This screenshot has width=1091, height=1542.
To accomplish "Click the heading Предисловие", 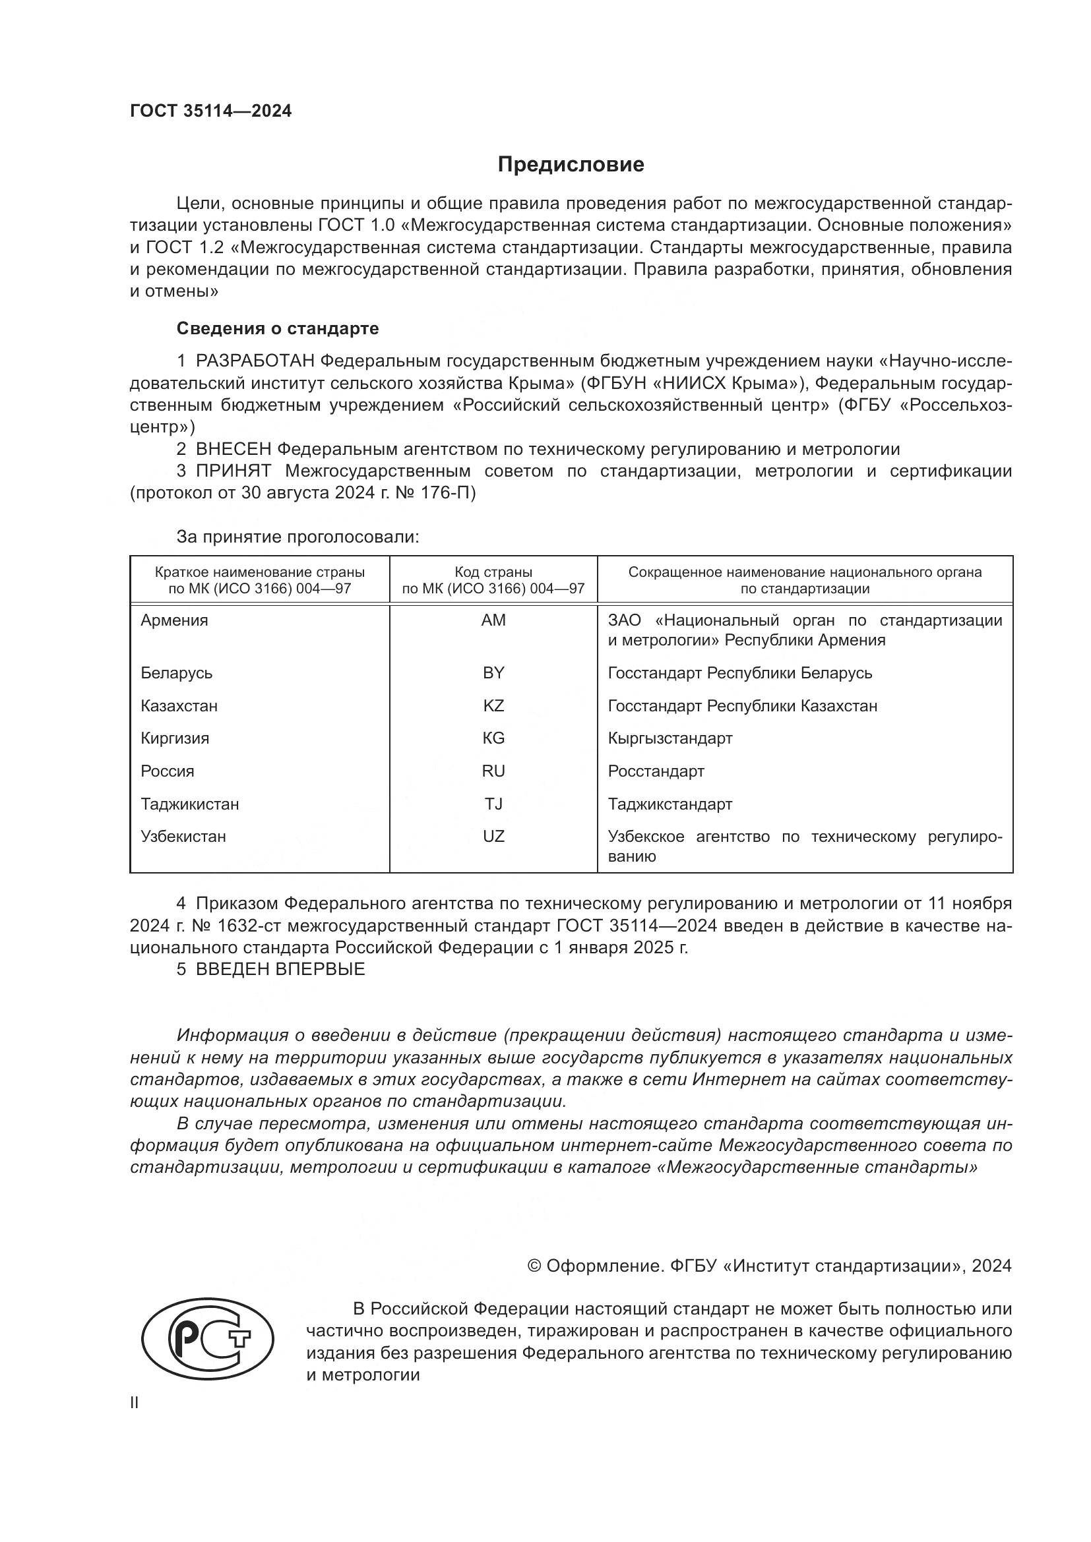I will click(571, 165).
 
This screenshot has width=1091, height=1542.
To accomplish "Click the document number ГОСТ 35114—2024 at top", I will click(211, 111).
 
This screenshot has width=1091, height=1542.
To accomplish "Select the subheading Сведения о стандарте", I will click(278, 328).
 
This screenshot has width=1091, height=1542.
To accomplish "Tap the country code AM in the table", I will click(493, 620).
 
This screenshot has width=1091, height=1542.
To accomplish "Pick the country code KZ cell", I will click(493, 706).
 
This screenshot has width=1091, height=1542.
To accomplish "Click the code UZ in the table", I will click(493, 837).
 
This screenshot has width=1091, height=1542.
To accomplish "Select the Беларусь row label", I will click(176, 673).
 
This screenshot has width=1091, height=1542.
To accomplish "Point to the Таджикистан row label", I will click(189, 804).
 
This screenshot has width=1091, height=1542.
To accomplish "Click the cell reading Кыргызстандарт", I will click(670, 739).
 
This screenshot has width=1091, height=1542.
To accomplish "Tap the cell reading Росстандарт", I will click(656, 771).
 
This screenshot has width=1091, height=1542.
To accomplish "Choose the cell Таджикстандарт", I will click(670, 804).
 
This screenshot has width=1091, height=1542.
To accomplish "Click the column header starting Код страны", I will click(493, 581).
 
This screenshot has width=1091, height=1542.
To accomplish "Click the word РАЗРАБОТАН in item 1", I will click(255, 361).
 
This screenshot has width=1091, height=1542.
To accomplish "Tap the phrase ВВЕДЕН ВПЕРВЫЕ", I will click(280, 969).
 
